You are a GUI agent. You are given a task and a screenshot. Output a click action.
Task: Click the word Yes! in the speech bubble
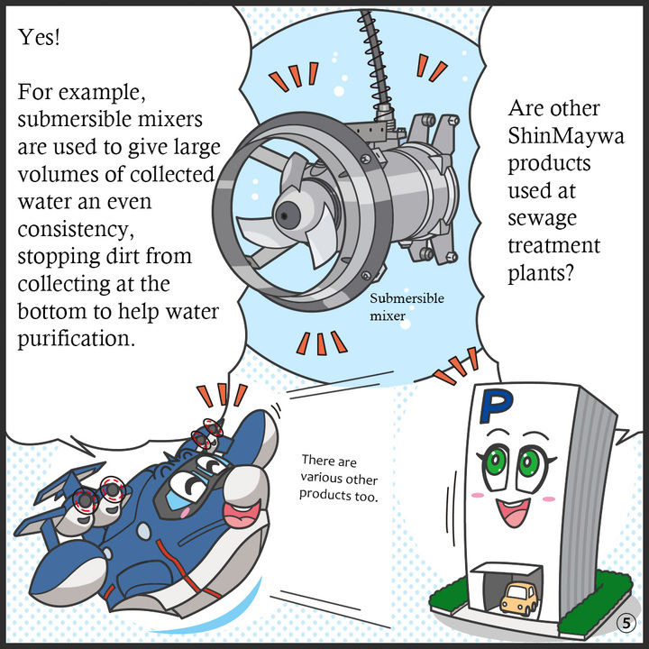click(39, 37)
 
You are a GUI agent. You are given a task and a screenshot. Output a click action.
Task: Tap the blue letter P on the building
click(497, 406)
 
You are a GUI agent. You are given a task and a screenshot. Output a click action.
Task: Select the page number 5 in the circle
click(626, 623)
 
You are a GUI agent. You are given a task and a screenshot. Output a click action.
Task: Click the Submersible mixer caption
click(407, 306)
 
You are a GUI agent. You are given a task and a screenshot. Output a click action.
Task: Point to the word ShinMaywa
click(566, 136)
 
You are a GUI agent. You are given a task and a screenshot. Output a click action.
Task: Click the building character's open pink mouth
click(513, 512)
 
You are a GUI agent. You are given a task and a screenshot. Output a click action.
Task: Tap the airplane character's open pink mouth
click(242, 514)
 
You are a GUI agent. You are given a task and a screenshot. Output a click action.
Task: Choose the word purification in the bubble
click(76, 339)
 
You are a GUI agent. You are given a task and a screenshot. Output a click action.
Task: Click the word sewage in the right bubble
click(542, 218)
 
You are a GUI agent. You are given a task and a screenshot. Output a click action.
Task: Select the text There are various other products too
click(339, 478)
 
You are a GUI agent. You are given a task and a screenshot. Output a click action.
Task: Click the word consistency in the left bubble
click(76, 229)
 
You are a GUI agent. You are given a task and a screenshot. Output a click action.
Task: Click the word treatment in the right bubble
click(553, 245)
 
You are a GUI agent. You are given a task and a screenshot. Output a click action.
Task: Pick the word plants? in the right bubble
click(541, 273)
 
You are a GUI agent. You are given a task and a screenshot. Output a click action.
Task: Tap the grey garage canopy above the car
click(506, 569)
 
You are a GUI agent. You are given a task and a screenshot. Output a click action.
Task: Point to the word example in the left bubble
click(101, 92)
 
